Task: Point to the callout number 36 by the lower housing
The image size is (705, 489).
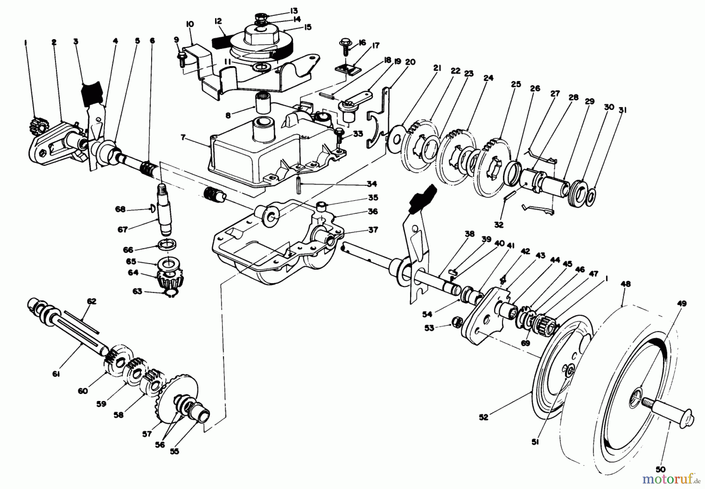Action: point(372,211)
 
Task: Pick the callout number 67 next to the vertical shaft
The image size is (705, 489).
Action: point(123,230)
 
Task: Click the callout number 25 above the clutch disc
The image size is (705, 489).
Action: point(516,84)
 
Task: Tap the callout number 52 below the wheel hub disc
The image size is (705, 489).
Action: point(483,417)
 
